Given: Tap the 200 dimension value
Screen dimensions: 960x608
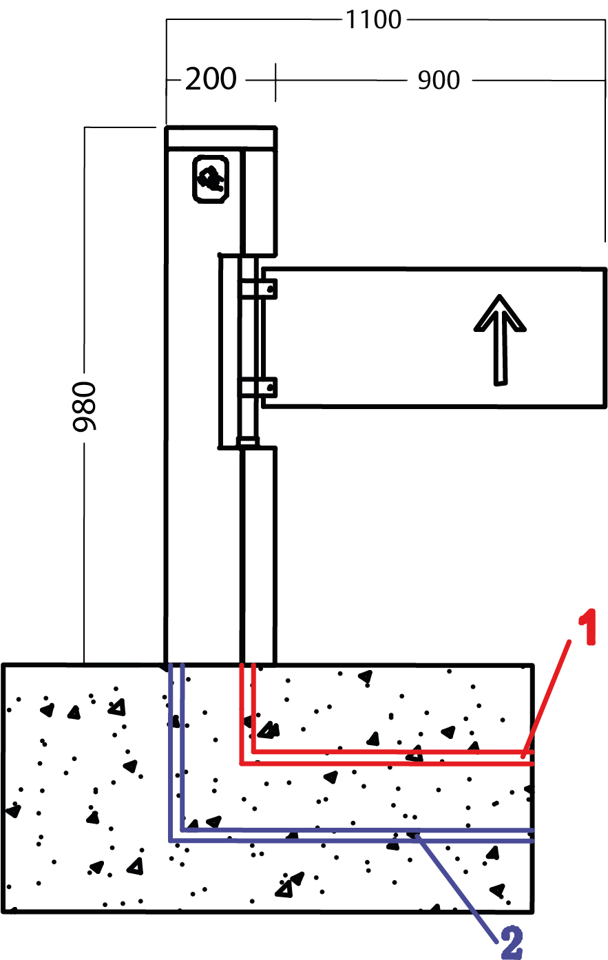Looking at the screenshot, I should pyautogui.click(x=211, y=80).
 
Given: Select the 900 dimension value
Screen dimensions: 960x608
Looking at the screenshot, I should pyautogui.click(x=439, y=81).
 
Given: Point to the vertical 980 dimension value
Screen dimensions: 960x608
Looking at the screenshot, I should pyautogui.click(x=86, y=406).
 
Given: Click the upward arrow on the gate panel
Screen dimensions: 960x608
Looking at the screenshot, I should pyautogui.click(x=500, y=338).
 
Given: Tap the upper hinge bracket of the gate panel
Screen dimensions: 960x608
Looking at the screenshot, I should pyautogui.click(x=258, y=288).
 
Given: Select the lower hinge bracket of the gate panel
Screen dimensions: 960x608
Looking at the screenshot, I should pyautogui.click(x=258, y=388).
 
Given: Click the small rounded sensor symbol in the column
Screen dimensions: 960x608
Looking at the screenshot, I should pyautogui.click(x=210, y=179).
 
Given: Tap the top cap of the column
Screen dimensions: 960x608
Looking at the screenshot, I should pyautogui.click(x=221, y=137).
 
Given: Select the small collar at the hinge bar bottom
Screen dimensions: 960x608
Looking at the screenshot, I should pyautogui.click(x=248, y=442).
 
